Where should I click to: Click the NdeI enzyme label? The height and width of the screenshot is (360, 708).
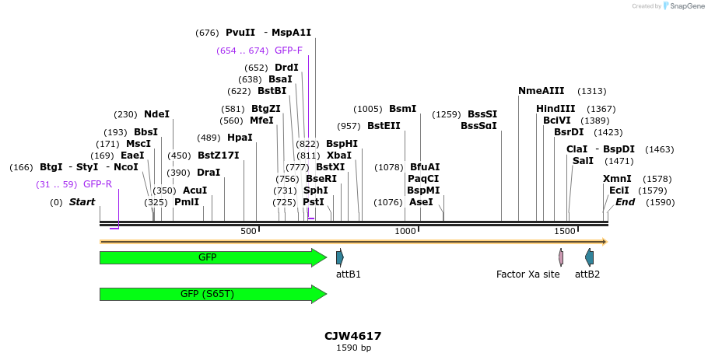point(156,114)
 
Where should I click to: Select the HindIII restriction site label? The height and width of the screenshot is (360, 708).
point(556,109)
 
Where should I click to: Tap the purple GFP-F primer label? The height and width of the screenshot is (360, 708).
point(289,51)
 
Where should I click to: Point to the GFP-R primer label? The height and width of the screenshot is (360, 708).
point(97,184)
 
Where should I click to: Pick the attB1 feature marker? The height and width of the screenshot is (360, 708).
point(340,257)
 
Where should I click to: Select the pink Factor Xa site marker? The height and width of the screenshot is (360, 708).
point(561,257)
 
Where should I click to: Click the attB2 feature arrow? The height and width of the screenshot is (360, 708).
point(589,257)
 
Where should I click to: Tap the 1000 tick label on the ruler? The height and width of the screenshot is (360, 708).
point(405,232)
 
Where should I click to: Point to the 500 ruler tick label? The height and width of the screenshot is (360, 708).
point(248,232)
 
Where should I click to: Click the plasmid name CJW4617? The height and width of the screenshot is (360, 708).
point(353,336)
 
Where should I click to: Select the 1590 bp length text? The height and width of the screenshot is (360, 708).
point(353,348)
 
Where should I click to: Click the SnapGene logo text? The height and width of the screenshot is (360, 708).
point(682,6)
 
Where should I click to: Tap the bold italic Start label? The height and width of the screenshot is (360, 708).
point(82,202)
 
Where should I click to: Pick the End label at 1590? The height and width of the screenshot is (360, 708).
point(625,202)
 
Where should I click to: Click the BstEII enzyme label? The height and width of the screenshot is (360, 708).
point(384,126)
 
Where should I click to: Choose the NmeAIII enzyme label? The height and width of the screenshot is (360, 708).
point(541,91)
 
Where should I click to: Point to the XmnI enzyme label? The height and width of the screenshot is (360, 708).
point(617,179)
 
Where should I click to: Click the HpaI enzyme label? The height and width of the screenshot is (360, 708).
point(240,138)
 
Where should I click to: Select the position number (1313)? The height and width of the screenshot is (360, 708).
point(591,91)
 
